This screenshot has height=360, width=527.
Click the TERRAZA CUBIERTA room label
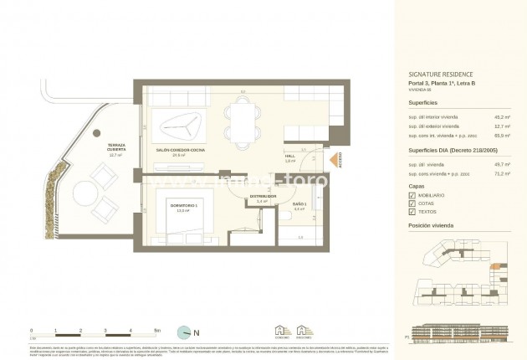pos(115,150)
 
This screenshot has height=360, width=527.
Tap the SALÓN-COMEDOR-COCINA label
pos(181,152)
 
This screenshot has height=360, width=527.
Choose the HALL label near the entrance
pos(290,157)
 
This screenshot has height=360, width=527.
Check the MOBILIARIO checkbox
pos(412,194)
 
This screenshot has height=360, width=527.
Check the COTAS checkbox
pos(412,204)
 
